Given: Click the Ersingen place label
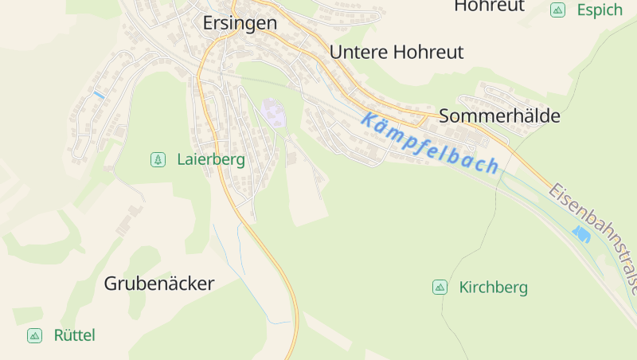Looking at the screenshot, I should coord(240,24).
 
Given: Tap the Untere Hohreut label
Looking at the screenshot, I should coord(396,53).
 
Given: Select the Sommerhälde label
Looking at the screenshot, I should coord(499,115).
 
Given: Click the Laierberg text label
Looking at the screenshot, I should coord(211,159).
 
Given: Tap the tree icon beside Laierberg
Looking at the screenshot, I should coord(158,159).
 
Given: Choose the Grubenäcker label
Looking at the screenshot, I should coord(159,284).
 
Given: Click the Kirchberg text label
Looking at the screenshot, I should coord(493,288).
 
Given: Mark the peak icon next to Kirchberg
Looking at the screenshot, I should coord(440,287).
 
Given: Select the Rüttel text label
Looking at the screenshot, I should coord(74,335).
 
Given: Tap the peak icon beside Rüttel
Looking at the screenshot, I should coord(34,335).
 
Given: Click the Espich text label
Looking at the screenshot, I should coord(600,10).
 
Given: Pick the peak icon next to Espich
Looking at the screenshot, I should coord(557,10).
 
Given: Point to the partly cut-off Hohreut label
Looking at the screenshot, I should coord(489,6).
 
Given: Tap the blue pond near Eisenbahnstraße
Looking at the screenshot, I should coord(581,234).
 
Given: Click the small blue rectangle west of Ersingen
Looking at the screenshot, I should coord(99,95).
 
